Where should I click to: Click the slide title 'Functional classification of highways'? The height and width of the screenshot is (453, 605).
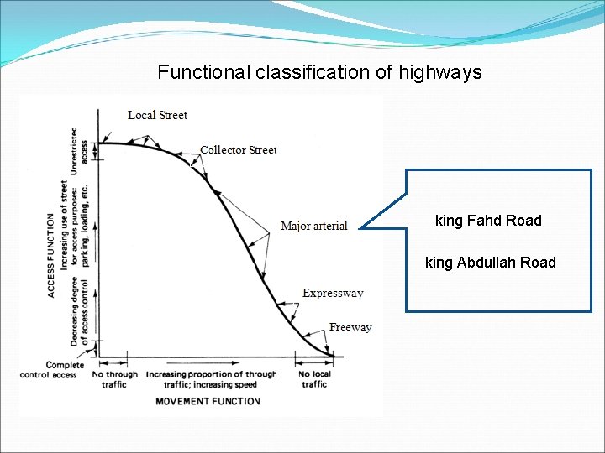click(x=319, y=72)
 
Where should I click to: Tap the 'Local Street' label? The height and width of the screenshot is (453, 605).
click(x=157, y=115)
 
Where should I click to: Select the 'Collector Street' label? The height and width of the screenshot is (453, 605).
click(x=239, y=150)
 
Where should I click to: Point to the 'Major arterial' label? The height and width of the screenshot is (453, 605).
click(x=313, y=226)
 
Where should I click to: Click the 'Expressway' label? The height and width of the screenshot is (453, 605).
click(x=333, y=294)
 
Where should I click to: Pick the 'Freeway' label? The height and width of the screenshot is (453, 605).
click(x=350, y=327)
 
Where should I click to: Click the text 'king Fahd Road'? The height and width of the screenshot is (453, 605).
click(x=488, y=221)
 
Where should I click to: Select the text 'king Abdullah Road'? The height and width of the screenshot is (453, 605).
click(x=491, y=263)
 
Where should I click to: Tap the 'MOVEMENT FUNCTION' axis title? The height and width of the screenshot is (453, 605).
click(x=208, y=401)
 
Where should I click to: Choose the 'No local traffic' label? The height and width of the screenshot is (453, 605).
click(x=314, y=379)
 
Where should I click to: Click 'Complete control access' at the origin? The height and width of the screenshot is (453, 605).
click(x=52, y=370)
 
